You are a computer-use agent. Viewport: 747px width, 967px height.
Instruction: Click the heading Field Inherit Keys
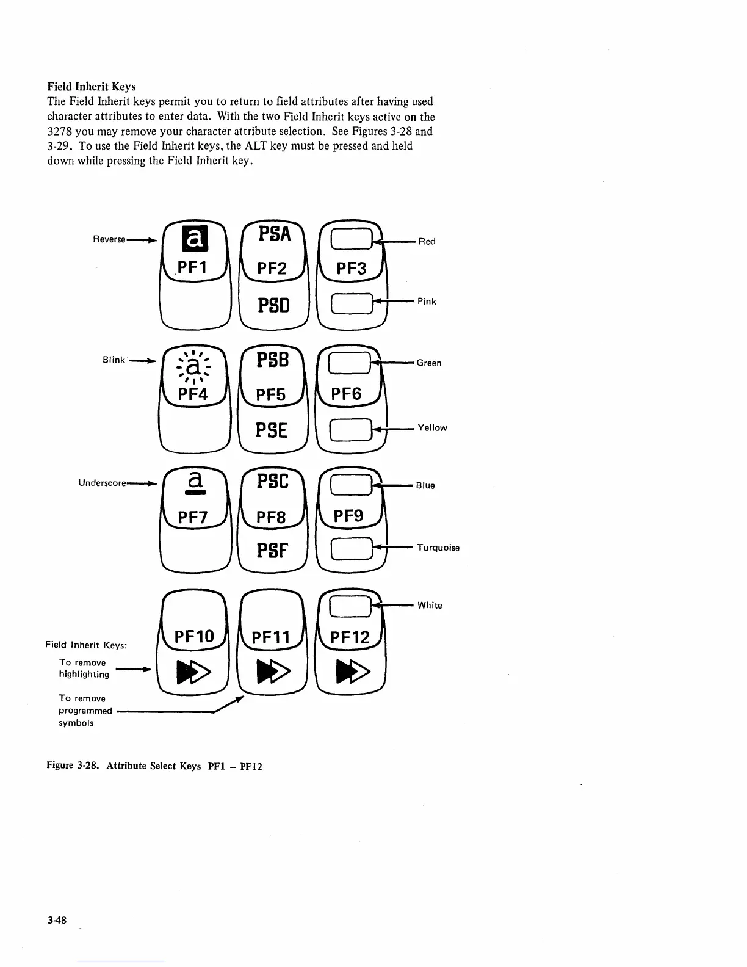tap(92, 87)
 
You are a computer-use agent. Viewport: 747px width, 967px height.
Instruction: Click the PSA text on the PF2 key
tap(275, 233)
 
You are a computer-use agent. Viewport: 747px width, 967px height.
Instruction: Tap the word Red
tap(427, 242)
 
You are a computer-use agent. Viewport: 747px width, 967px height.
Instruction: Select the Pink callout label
tap(427, 302)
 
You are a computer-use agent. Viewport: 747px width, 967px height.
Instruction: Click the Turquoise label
tap(438, 548)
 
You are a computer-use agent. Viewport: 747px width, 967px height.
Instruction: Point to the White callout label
tap(430, 606)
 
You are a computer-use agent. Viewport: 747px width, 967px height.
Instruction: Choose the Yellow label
tap(432, 428)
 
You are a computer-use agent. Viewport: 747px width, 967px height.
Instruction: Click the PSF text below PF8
tap(272, 552)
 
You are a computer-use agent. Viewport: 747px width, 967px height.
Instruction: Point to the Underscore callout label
tap(102, 483)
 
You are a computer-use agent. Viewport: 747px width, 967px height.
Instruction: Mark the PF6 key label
tap(346, 394)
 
